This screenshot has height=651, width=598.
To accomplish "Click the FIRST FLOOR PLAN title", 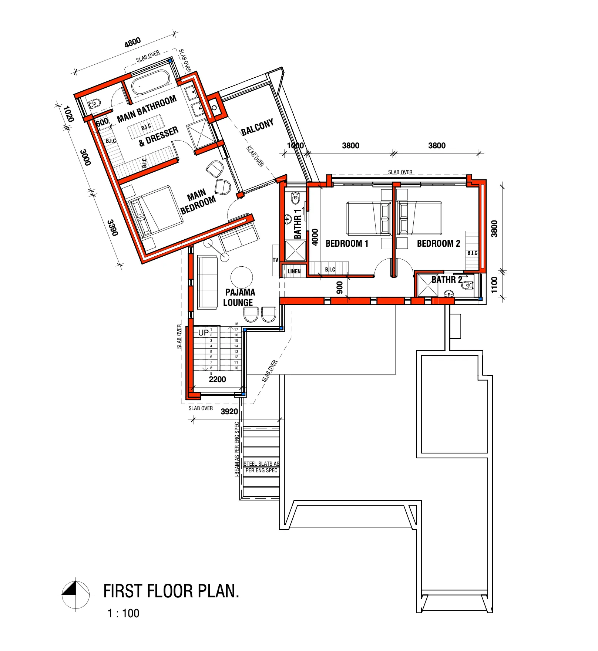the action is pos(171,591).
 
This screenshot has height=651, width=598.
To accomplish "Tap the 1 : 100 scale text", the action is pos(123,613).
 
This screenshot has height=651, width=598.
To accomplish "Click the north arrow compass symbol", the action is pos(75,594).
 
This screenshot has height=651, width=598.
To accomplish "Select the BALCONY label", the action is pos(257,127).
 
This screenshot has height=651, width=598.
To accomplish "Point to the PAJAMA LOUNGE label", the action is pos(239,297).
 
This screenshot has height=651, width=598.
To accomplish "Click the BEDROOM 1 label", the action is pos(347,243).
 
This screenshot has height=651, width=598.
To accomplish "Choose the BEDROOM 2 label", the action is pos(439,243).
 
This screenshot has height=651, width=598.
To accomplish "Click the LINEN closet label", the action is pos(294,271).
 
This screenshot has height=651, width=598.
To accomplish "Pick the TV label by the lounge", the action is pos(275,260).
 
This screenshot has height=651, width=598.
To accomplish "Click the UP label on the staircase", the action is pos(204,333).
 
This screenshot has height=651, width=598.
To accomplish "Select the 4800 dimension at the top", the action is pos(132,43).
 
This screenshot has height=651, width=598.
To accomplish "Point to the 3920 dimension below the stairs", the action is pos(229,411).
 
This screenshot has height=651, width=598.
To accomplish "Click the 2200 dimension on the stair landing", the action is pos(217,379).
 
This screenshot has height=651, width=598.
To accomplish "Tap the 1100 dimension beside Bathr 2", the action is pos(494,285).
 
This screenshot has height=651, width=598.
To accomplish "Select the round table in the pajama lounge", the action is pos(242,277).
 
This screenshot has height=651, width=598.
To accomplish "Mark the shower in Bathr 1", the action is pos(295,251).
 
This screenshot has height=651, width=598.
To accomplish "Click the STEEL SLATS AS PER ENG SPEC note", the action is pos(261,467).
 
